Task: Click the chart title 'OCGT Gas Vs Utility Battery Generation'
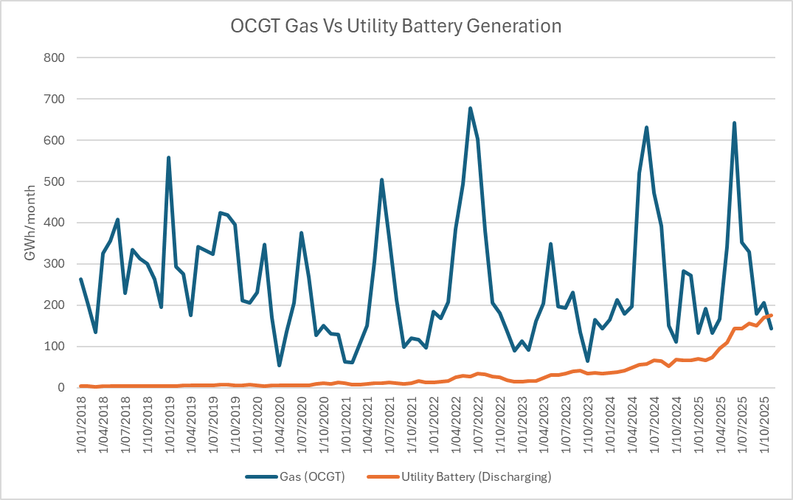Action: click(x=396, y=26)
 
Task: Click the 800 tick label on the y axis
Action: click(x=55, y=58)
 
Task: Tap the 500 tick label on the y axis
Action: click(x=55, y=181)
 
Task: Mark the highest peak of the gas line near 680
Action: click(x=470, y=108)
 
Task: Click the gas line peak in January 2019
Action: click(x=168, y=158)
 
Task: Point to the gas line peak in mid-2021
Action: click(x=381, y=180)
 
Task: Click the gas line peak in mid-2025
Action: click(x=734, y=123)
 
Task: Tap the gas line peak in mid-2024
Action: click(x=646, y=128)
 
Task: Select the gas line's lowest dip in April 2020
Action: click(x=279, y=365)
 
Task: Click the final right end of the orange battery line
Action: click(x=771, y=315)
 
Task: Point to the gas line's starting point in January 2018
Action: click(x=80, y=279)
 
